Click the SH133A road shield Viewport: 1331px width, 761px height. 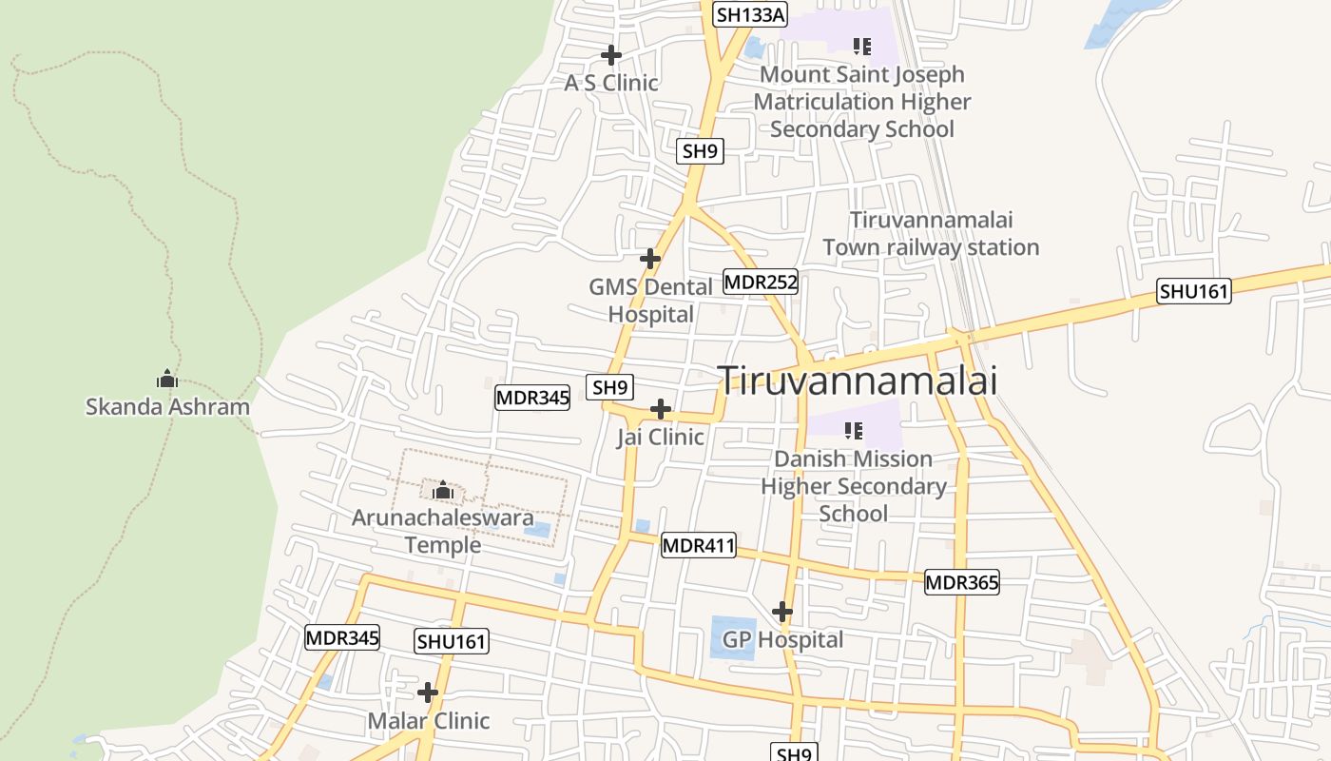click(x=751, y=14)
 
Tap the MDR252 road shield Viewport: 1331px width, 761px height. click(x=761, y=282)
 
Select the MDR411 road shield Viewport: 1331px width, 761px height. click(x=699, y=545)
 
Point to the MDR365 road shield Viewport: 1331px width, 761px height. click(x=962, y=582)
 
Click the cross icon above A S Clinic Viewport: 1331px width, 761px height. click(x=611, y=55)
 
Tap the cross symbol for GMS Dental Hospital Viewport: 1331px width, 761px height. click(x=650, y=259)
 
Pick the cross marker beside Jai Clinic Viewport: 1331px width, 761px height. click(x=660, y=410)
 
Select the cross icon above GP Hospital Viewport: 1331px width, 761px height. click(x=782, y=611)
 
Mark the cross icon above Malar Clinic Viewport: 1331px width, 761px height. click(x=428, y=692)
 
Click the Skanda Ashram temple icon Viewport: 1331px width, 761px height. click(x=167, y=379)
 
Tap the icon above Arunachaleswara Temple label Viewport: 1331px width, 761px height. click(x=442, y=490)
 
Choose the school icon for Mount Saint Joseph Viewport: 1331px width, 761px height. click(x=862, y=46)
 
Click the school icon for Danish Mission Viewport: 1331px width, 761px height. click(x=854, y=430)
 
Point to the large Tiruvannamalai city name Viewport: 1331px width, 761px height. click(x=858, y=380)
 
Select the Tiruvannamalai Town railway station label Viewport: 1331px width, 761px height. click(x=931, y=234)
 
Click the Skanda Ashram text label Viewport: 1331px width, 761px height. click(x=167, y=407)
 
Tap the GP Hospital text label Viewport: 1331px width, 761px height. click(x=782, y=639)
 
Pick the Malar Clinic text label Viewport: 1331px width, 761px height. click(x=429, y=720)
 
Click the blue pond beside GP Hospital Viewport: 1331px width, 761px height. click(x=733, y=636)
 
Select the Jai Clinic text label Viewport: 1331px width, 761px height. click(x=660, y=438)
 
